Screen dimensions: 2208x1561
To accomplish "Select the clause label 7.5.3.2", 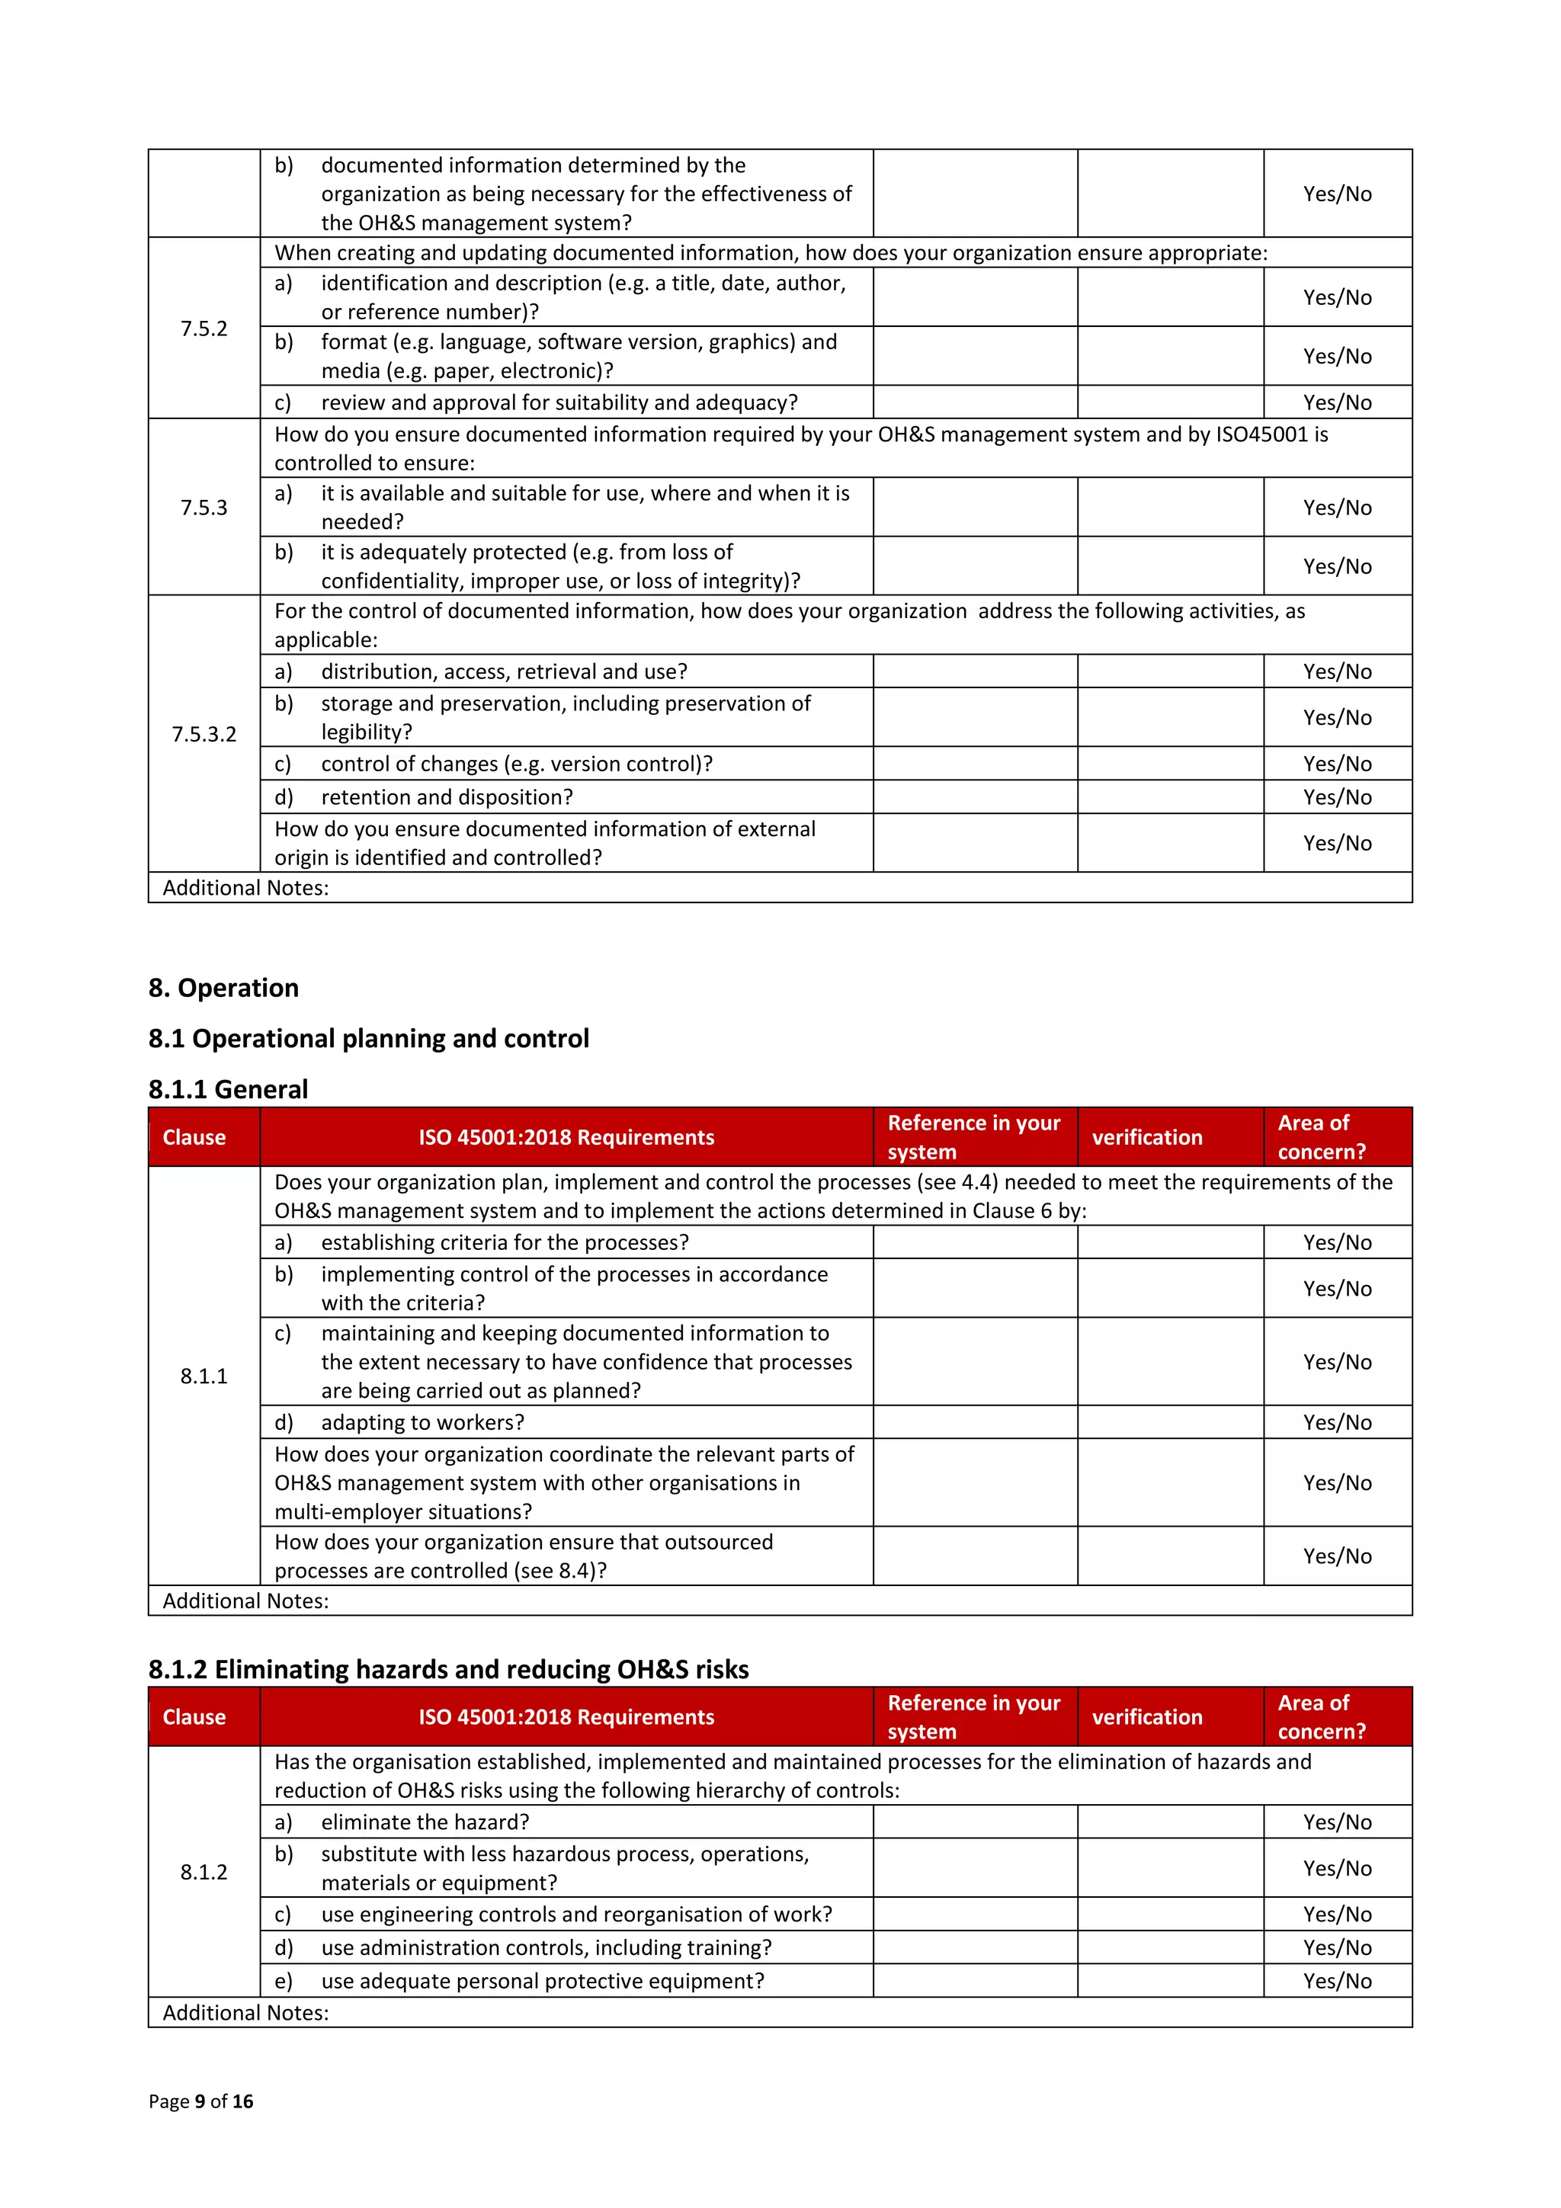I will [x=204, y=735].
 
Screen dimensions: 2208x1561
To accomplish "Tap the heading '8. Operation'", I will [x=223, y=988].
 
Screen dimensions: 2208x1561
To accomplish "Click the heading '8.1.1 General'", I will [x=228, y=1090].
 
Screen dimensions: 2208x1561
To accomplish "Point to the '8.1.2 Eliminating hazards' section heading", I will [x=448, y=1669].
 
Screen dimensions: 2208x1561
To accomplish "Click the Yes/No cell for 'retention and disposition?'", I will [x=1337, y=797].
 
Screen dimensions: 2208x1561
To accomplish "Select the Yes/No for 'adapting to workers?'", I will [x=1337, y=1422].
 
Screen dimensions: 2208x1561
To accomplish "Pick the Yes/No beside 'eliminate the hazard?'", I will [x=1337, y=1822].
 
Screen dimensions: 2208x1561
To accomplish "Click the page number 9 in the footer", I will [x=200, y=2101].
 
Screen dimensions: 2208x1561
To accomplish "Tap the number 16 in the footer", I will [x=242, y=2101].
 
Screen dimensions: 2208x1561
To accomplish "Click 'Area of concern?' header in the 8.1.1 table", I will [x=1321, y=1136].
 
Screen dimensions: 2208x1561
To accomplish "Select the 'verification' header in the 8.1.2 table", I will [x=1146, y=1716].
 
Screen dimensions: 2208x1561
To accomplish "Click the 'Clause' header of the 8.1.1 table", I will [x=194, y=1136].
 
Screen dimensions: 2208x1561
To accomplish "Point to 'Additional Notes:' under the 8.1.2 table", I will [x=245, y=2013].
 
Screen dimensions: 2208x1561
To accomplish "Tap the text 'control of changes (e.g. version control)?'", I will [x=517, y=764].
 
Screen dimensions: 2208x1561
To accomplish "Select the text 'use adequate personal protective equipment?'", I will [x=543, y=1981].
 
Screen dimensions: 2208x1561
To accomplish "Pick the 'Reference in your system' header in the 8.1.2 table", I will [x=973, y=1716].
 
